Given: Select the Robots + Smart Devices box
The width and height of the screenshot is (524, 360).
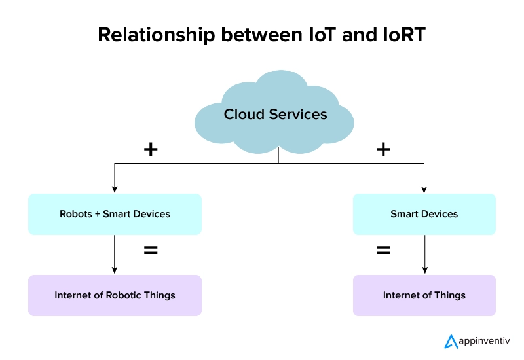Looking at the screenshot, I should pos(115,214).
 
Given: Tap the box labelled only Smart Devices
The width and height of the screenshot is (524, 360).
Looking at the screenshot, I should pos(424,214).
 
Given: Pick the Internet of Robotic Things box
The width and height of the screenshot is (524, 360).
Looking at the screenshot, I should pos(115,295).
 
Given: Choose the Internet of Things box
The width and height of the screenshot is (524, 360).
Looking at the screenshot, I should pos(424,295).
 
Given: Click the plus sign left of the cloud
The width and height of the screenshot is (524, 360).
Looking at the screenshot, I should pos(151,149).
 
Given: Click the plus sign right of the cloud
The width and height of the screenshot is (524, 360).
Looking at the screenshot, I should pos(383,149).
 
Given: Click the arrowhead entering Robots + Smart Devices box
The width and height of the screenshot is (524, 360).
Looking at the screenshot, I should pos(115,190).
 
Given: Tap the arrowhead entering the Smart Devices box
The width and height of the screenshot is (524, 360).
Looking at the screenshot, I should pos(424,190).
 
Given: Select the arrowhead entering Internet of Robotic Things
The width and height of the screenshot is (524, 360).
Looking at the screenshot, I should pos(115,271).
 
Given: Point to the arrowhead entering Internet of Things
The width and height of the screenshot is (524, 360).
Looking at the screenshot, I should pos(424,271).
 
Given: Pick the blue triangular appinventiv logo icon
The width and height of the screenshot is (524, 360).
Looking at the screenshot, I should pos(452,341).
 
